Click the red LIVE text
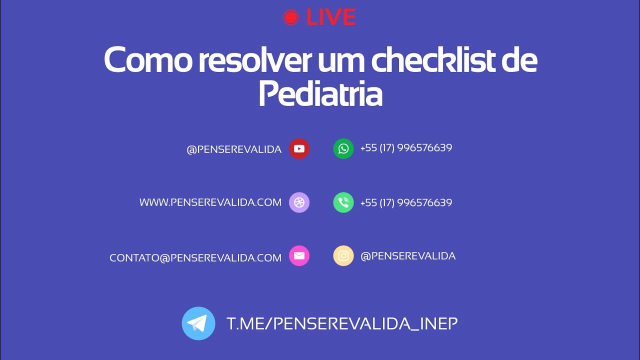point(330,18)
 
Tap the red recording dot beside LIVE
point(290,18)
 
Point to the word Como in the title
point(147,60)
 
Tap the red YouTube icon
point(299,149)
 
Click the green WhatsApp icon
point(343,149)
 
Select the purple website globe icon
point(299,202)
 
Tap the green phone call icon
point(343,202)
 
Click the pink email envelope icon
point(299,256)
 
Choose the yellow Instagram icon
point(343,256)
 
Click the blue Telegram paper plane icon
point(198,323)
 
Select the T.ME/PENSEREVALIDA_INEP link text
point(342,323)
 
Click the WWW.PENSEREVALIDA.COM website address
point(210,202)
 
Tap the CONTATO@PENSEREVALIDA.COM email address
point(195,258)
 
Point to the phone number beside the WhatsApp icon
point(406,148)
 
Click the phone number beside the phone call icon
point(406,203)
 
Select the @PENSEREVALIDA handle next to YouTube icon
point(234,149)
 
